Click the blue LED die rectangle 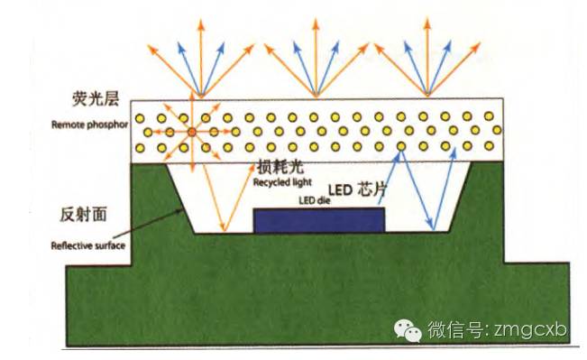(x=319, y=220)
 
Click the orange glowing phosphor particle (x=190, y=133)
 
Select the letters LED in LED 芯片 (x=337, y=190)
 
